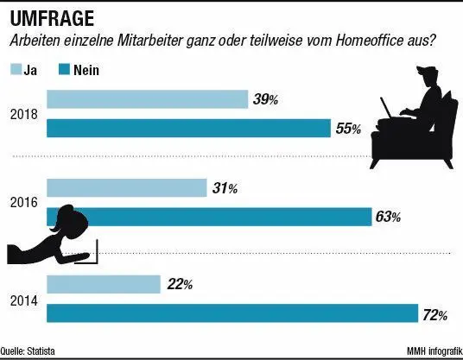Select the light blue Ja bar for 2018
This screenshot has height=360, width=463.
point(147,99)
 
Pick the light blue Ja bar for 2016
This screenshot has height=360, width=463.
point(126,187)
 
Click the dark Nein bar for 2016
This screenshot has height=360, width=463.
point(207,217)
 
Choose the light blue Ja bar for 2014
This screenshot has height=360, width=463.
point(103,283)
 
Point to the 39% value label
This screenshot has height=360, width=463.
point(264,100)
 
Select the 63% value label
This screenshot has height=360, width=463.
point(387,218)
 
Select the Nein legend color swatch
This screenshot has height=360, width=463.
point(63,69)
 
